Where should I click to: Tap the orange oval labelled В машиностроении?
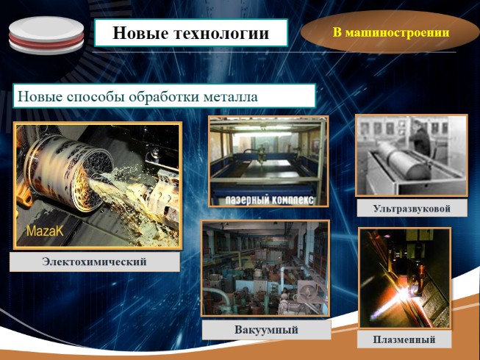(x=390, y=32)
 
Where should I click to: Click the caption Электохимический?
(x=95, y=262)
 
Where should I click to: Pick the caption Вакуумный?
(x=266, y=329)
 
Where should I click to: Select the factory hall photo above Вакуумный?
(x=265, y=269)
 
